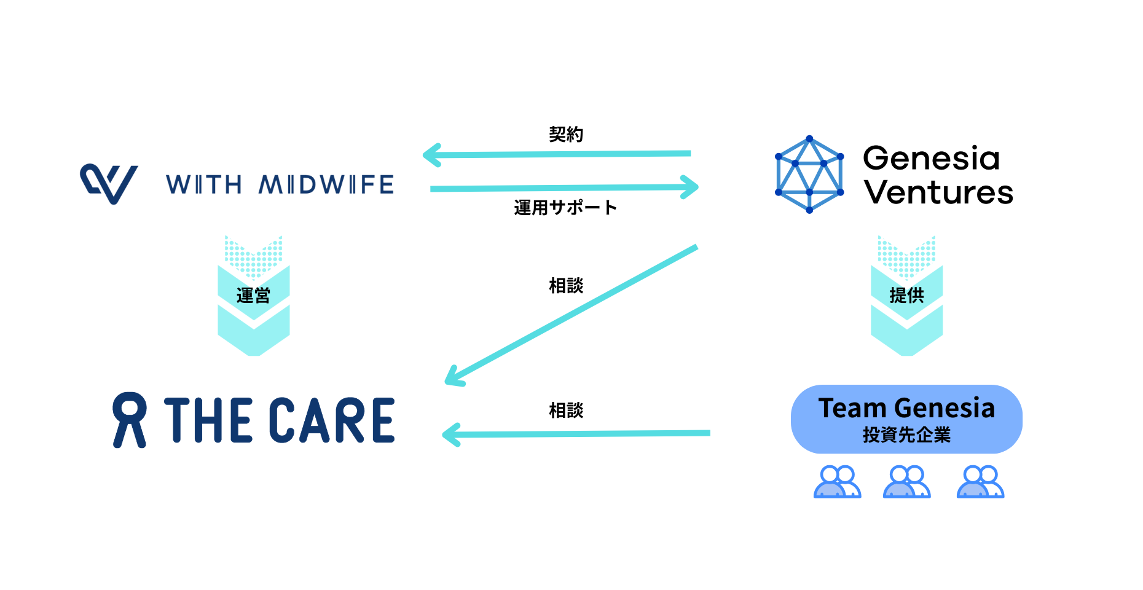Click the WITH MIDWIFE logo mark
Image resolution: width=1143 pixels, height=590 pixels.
point(109,183)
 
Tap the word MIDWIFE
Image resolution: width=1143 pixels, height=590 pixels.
point(326,184)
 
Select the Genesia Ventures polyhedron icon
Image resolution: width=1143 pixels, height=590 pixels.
point(809,175)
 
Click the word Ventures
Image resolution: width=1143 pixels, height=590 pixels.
point(938,192)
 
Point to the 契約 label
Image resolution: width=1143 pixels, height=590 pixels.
point(566,134)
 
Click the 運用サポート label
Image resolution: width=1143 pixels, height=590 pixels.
point(565,208)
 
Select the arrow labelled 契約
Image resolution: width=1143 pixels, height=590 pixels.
point(556,154)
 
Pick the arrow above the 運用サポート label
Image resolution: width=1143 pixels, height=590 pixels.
point(564,187)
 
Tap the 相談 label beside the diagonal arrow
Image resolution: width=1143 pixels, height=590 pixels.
point(566,286)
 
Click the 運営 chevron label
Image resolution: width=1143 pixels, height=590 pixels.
point(253,296)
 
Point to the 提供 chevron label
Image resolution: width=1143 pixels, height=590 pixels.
point(906,296)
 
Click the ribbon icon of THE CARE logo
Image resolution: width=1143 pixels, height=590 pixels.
point(130,420)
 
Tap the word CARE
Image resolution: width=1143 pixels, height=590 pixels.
point(332,420)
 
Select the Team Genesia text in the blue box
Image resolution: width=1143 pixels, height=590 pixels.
point(906,408)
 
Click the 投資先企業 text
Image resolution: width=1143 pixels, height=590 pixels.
point(906,435)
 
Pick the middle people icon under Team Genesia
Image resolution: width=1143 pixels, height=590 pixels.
point(906,481)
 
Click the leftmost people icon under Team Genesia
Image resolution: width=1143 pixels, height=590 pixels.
point(837,481)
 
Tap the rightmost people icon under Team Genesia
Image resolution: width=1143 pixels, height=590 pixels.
point(980,481)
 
